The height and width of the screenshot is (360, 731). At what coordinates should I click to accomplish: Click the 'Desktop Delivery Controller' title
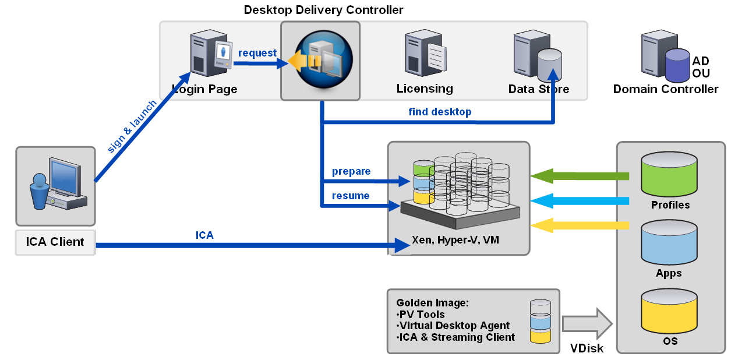point(323,10)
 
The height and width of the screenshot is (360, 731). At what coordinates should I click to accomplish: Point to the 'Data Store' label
point(538,89)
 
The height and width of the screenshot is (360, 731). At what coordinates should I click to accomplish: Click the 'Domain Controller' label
point(665,89)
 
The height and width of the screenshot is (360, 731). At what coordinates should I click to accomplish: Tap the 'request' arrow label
point(257,53)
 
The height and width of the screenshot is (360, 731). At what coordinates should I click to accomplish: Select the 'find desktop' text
point(440,112)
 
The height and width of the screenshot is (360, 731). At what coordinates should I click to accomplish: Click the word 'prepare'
point(351,171)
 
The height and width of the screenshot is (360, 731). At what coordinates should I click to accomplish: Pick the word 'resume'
point(351,196)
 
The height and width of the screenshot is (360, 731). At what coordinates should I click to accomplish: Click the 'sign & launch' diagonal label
point(132,126)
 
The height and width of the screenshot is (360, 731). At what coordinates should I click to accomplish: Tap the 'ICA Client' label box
point(55,242)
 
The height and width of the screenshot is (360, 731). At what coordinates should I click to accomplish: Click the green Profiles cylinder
point(669,174)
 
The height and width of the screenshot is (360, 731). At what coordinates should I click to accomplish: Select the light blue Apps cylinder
point(669,242)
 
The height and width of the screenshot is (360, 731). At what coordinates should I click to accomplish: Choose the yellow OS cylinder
point(669,311)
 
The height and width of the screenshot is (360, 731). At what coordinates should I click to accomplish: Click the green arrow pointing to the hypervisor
point(580,177)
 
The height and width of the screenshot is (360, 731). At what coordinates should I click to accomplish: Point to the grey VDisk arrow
point(587,324)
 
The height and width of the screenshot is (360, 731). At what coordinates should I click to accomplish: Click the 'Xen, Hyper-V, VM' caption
point(455,240)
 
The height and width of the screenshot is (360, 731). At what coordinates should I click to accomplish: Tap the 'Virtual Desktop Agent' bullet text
point(453,326)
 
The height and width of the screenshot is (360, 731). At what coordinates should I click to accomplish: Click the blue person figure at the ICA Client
point(39,191)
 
